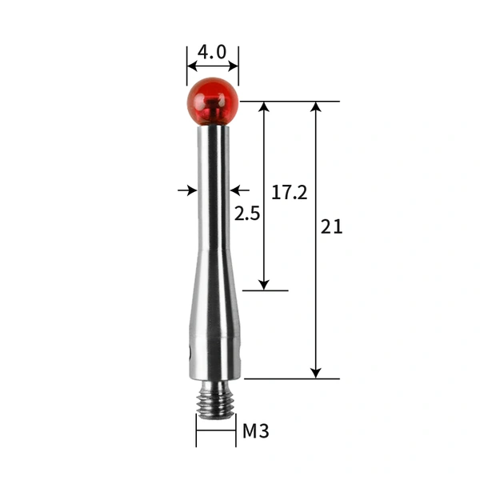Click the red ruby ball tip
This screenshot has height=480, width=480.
(213, 100)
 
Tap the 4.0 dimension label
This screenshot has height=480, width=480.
(212, 52)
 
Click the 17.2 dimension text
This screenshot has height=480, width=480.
(289, 193)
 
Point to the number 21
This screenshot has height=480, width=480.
(331, 226)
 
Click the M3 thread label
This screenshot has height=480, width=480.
(255, 432)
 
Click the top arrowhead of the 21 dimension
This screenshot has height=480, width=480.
(316, 107)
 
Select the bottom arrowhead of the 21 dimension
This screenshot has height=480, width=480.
(316, 372)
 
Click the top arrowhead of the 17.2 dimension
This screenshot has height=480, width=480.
(264, 107)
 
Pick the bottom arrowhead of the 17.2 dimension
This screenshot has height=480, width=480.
(264, 284)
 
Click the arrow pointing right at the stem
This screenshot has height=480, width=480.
(191, 190)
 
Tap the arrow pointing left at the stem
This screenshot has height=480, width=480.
(234, 190)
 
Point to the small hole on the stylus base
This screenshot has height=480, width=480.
(190, 353)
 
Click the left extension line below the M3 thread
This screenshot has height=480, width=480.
(196, 432)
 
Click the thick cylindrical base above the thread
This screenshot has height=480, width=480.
(214, 356)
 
